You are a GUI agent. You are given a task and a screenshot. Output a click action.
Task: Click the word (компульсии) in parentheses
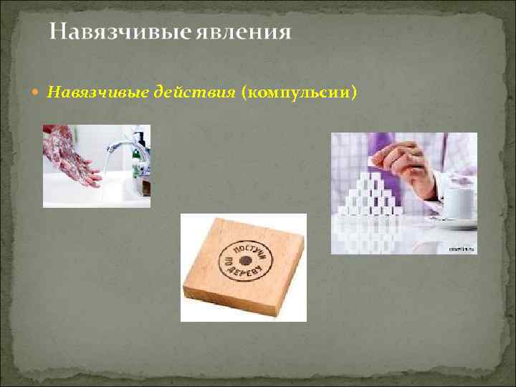[x=299, y=92]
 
